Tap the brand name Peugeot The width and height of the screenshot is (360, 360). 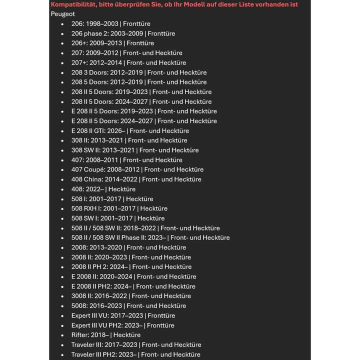point(62,14)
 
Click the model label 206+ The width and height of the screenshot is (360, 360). point(79,43)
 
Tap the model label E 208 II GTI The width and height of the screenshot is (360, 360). point(91,130)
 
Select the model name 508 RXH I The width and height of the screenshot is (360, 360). point(87,208)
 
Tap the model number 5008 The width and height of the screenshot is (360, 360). point(79,305)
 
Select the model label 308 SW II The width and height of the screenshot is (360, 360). point(88,150)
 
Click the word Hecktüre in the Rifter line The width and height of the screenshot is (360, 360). point(127,335)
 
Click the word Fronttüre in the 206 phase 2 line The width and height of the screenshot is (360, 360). point(161,33)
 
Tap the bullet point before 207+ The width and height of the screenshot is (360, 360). point(62,63)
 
